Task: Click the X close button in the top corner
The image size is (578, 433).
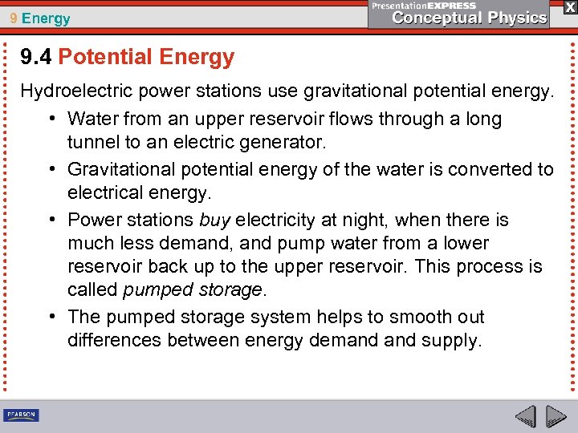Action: click(569, 6)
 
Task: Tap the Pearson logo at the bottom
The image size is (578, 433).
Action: click(21, 415)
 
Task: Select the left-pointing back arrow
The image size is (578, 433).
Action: click(526, 416)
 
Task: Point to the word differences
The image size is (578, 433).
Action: click(114, 340)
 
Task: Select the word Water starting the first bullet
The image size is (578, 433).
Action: click(92, 119)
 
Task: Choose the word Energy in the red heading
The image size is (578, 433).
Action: click(197, 57)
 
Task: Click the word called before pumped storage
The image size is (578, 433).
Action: click(92, 289)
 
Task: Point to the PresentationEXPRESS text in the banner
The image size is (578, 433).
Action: click(424, 6)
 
